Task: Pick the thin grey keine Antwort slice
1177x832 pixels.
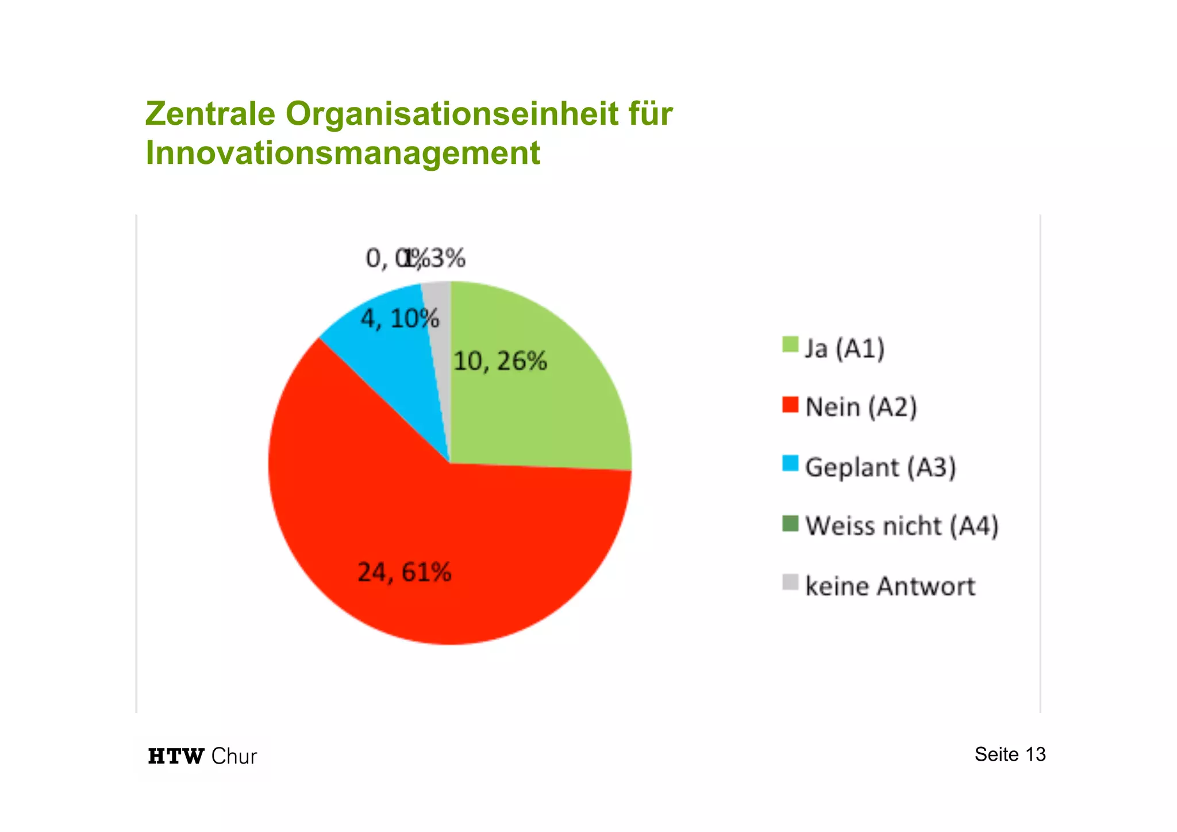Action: click(440, 345)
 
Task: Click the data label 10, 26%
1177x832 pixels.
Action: click(500, 362)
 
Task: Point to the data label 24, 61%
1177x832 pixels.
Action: click(404, 572)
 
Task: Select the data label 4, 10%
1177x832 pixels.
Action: click(399, 318)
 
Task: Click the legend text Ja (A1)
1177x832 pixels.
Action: click(844, 348)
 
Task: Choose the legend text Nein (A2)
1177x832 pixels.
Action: click(860, 408)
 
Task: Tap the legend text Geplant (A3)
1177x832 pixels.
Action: click(880, 467)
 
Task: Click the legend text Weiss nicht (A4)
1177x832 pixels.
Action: click(901, 526)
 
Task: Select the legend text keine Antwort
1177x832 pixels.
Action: click(890, 586)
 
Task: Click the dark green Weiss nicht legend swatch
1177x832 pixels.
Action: click(790, 524)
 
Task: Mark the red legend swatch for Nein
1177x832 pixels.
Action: click(790, 405)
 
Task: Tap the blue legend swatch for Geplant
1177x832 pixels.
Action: click(790, 464)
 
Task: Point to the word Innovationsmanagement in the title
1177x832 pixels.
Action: click(343, 153)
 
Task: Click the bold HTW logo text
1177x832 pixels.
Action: click(176, 756)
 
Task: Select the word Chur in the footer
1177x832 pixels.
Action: click(233, 756)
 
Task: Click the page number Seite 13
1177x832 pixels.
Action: click(1010, 754)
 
